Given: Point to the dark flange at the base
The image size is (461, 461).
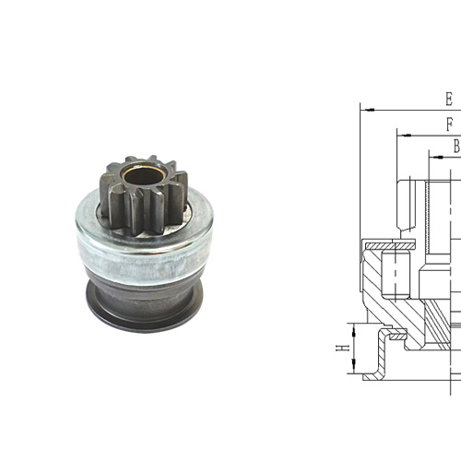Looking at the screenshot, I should coord(148,309).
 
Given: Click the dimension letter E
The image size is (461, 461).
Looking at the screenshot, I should coord(449,99).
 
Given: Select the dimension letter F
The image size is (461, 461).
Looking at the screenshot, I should coord(449,124).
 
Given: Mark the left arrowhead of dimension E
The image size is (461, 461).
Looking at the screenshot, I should coord(364,109).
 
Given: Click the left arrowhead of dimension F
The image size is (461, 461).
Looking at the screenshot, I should coord(399,134).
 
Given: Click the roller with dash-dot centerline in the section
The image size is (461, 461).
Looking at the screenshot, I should coord(393,271).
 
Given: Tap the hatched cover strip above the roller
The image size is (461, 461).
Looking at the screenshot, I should coord(388,244).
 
